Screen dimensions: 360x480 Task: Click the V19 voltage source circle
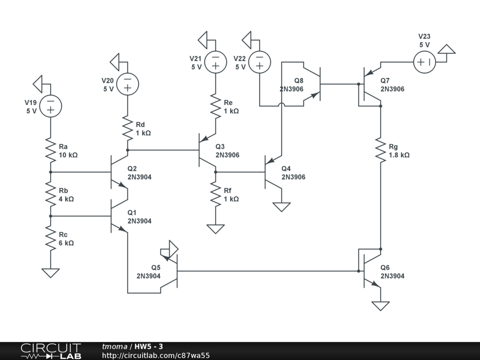coord(50,106)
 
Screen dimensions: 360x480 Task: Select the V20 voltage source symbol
coord(127,83)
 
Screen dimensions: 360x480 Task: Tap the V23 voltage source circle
coord(424,62)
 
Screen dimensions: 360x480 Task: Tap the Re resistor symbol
coord(215,106)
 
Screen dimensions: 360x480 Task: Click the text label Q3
coord(220,147)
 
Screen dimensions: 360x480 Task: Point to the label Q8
coord(299,81)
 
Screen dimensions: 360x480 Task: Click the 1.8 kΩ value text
coord(399,155)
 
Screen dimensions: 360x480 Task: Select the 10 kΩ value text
coord(68,155)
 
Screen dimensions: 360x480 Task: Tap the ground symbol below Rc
coord(50,272)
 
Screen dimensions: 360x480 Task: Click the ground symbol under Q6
coord(380,306)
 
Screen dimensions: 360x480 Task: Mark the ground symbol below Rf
coord(215,229)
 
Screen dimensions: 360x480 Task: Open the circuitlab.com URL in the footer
coord(156,356)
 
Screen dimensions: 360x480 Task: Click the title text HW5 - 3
coord(149,347)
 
